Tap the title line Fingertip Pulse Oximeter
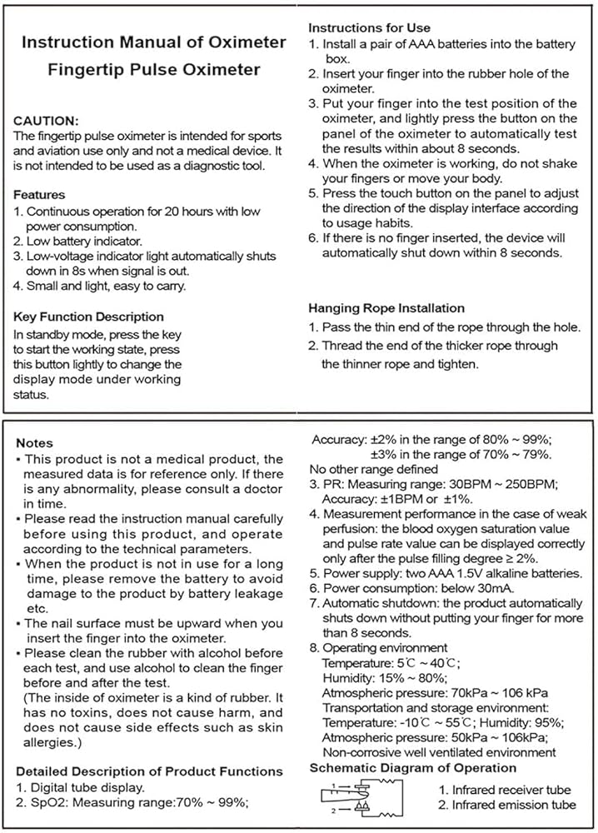(x=152, y=70)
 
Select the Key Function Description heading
(x=89, y=317)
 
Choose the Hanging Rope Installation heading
(x=386, y=308)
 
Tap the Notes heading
(x=34, y=443)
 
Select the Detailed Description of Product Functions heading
(x=149, y=771)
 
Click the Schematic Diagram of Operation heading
(x=412, y=768)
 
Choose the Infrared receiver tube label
(x=504, y=789)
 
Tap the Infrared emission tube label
(x=506, y=805)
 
